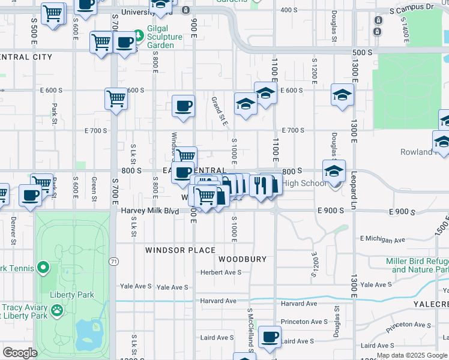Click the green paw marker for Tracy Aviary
click(x=56, y=310)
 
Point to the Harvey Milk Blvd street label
click(x=149, y=211)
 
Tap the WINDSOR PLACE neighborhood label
click(x=179, y=250)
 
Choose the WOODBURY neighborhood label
click(x=242, y=259)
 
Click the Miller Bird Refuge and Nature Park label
click(x=417, y=265)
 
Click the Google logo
click(x=20, y=353)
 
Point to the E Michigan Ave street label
click(x=382, y=239)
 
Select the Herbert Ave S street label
click(x=221, y=272)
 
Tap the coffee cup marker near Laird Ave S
click(x=270, y=337)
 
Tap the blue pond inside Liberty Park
click(x=90, y=335)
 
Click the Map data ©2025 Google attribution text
click(x=411, y=355)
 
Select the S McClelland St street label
click(x=250, y=329)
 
